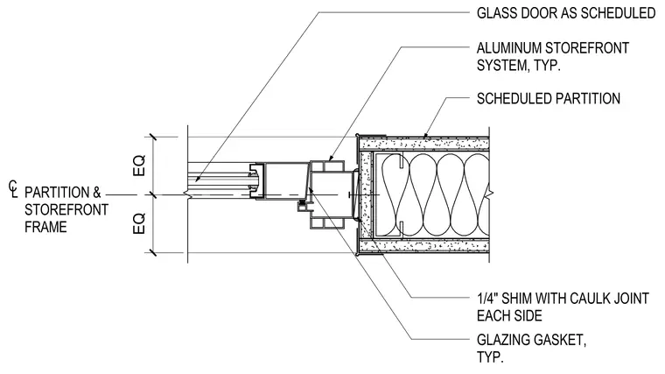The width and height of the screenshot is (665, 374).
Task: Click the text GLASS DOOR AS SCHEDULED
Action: [x=566, y=13]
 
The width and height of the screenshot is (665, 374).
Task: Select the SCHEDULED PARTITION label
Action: [x=549, y=98]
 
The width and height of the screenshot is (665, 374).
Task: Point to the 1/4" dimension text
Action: [x=486, y=299]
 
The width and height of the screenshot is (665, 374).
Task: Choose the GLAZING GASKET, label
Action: [x=531, y=340]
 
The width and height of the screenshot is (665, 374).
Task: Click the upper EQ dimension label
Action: [x=139, y=166]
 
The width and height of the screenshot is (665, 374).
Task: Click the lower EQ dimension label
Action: [x=139, y=223]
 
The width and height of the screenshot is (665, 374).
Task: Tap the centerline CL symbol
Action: [x=14, y=189]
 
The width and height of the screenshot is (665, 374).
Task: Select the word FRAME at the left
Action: [x=45, y=227]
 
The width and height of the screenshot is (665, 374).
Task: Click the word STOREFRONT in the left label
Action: [x=66, y=209]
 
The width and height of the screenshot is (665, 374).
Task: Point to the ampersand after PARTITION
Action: [x=97, y=193]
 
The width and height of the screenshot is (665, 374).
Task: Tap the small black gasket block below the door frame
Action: [x=302, y=207]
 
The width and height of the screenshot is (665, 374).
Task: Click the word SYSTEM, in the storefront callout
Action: [x=500, y=66]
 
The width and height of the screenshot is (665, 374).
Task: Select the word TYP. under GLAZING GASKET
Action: [x=490, y=357]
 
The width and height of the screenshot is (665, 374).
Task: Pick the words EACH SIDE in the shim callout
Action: [x=509, y=316]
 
